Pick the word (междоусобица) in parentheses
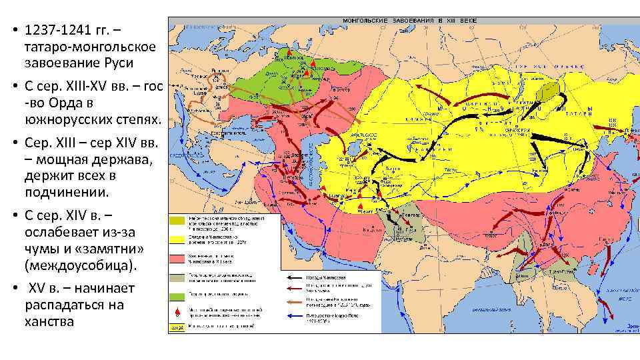point(80,265)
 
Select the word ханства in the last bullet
point(49,321)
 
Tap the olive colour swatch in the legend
point(177,221)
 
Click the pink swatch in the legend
point(177,257)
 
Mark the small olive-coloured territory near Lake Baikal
point(551,93)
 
